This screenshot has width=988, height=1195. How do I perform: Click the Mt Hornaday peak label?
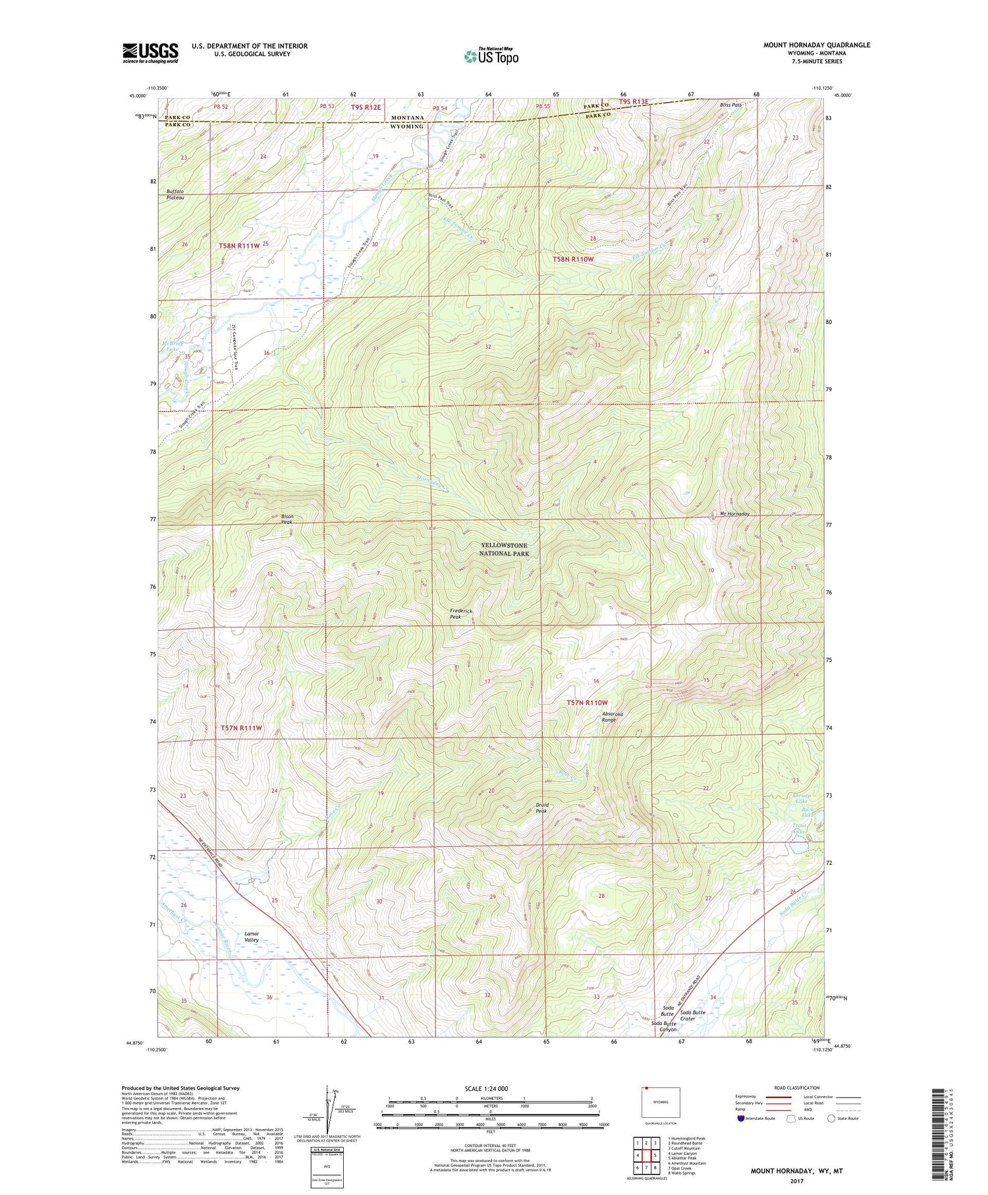point(734,513)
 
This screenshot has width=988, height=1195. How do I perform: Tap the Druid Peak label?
point(541,807)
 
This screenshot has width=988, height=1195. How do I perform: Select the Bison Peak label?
point(287,519)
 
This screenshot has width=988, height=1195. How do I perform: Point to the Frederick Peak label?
point(461,614)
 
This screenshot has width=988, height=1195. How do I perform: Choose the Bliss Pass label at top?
point(730,105)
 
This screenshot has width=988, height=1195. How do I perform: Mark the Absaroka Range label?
point(612,717)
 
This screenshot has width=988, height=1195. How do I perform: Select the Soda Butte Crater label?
point(692,1015)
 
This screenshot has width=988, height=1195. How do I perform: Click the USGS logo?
point(150,53)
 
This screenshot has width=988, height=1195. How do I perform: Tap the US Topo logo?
point(491,57)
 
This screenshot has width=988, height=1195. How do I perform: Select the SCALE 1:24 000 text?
point(490,1088)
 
